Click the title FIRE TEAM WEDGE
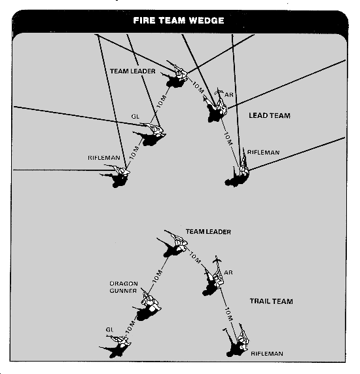coord(179,20)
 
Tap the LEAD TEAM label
coord(270,116)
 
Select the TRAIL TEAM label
coord(272,301)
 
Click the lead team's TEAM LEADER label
coord(133,71)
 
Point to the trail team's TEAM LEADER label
coord(208,232)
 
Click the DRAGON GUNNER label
coord(124,287)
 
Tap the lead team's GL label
coord(135,117)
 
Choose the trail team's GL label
coord(109,329)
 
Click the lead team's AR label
coord(229,95)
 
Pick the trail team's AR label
coord(228,272)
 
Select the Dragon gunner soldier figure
coord(147,305)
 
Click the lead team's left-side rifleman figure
coord(117,176)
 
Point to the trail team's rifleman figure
coord(237,341)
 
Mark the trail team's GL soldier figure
coord(117,346)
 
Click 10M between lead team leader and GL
coord(161,102)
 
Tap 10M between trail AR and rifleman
coord(228,314)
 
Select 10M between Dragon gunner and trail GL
coord(130,327)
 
